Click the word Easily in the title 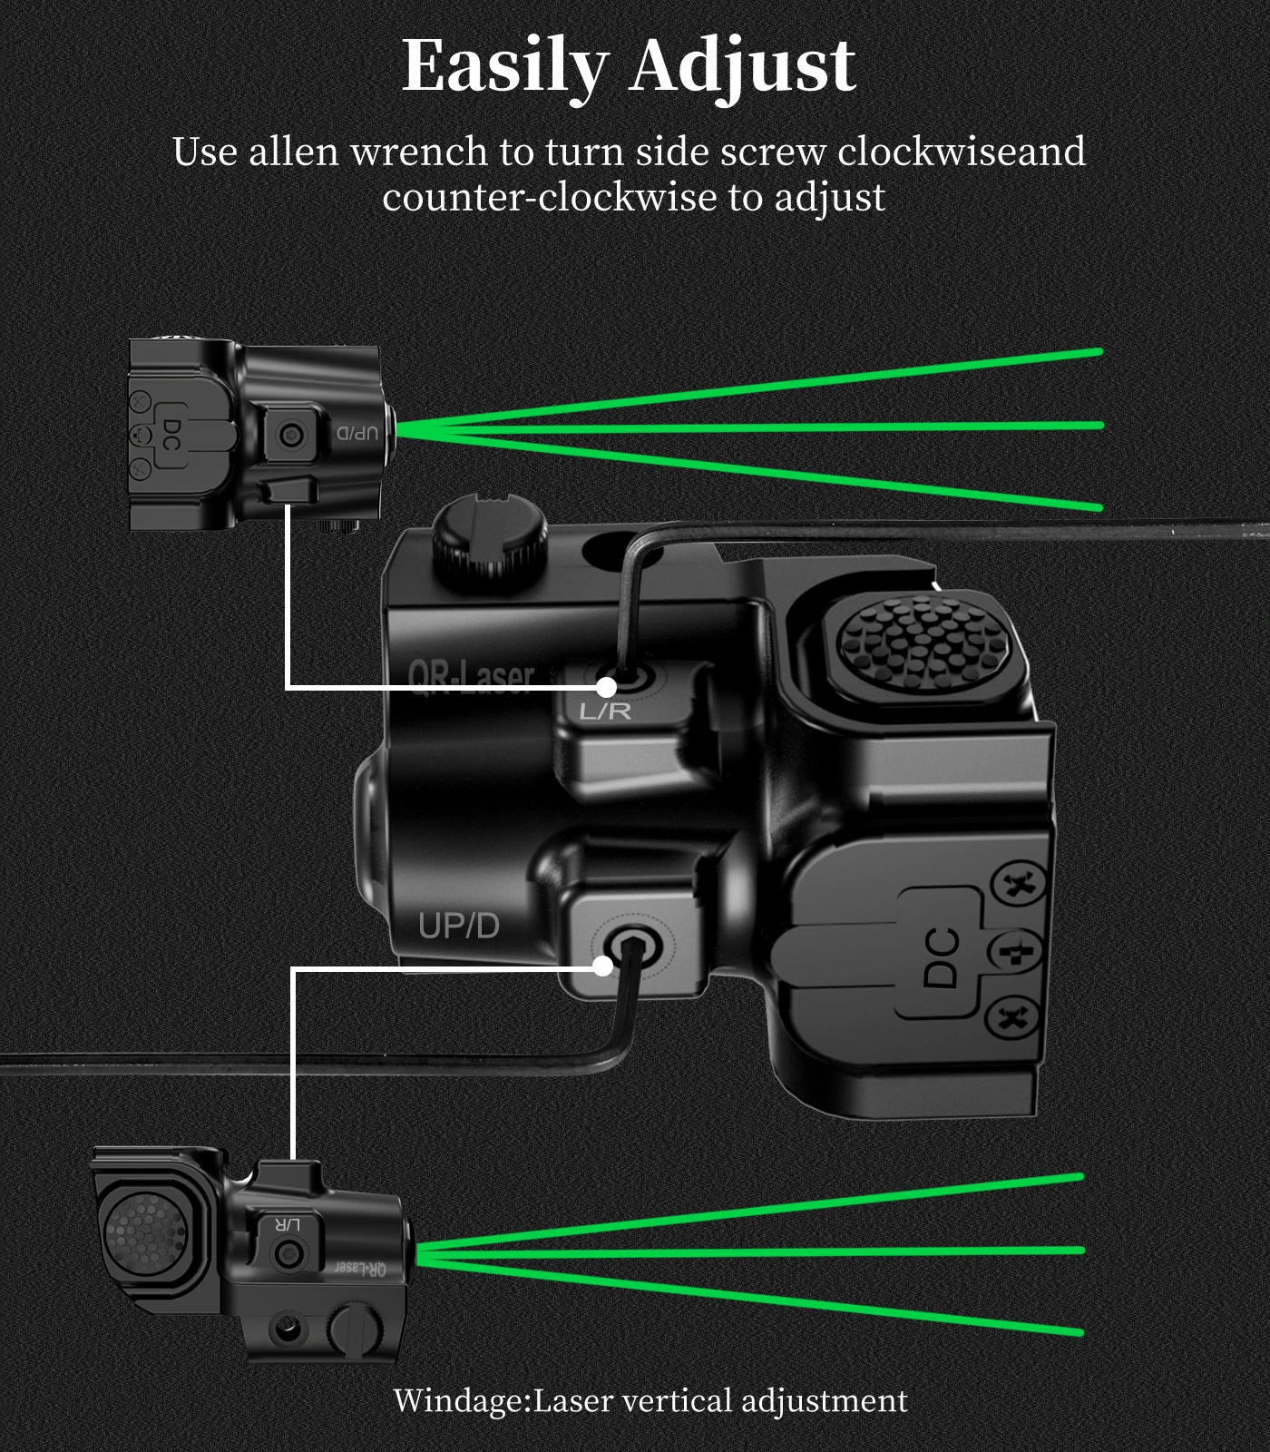click(504, 67)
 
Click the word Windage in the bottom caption click(459, 1400)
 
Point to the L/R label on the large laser click(605, 711)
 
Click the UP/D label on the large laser click(459, 927)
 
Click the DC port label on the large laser click(942, 957)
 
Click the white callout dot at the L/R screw click(607, 686)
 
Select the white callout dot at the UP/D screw click(603, 966)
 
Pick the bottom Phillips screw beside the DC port click(1014, 1015)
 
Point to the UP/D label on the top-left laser click(357, 433)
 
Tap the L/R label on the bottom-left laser click(287, 1225)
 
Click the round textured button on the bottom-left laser click(145, 1232)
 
